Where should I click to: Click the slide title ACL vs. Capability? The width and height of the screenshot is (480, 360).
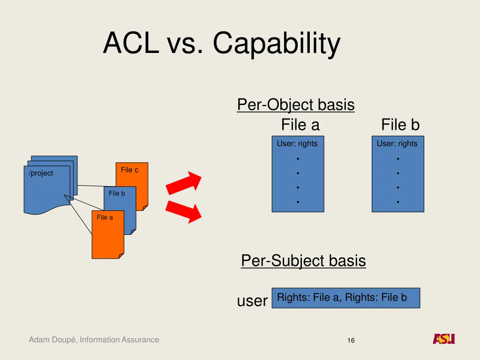[221, 44]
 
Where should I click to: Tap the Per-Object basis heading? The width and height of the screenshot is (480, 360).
[295, 104]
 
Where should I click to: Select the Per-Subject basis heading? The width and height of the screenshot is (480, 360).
[303, 260]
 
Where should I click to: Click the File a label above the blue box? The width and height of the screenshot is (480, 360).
[300, 125]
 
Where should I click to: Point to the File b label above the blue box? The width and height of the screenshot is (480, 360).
[400, 125]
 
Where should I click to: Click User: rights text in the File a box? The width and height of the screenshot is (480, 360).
[297, 143]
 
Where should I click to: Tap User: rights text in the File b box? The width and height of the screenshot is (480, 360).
[397, 143]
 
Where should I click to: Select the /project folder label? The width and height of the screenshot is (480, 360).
[41, 173]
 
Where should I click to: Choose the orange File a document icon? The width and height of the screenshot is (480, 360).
[107, 237]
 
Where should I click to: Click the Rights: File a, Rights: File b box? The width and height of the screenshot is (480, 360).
[345, 298]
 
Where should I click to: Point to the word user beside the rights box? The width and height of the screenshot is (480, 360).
[252, 301]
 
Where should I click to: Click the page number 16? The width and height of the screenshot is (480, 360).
[351, 341]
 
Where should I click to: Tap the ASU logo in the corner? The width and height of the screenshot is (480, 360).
[443, 339]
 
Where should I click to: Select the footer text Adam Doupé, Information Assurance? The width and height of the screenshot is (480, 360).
[94, 340]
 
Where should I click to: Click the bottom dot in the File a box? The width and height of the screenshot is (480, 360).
[298, 202]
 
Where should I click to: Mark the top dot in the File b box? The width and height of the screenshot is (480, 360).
[397, 158]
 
